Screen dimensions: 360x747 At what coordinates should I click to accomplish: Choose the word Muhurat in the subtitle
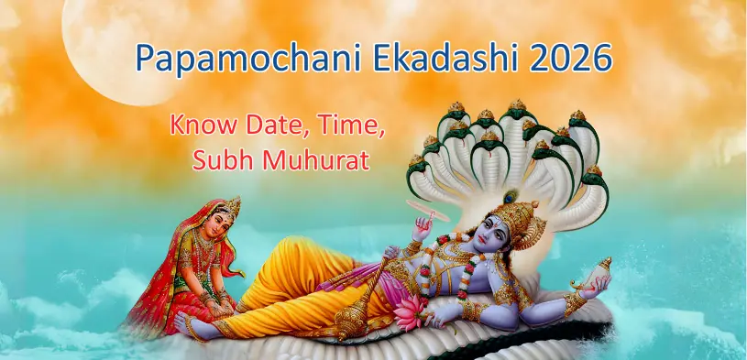314,161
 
